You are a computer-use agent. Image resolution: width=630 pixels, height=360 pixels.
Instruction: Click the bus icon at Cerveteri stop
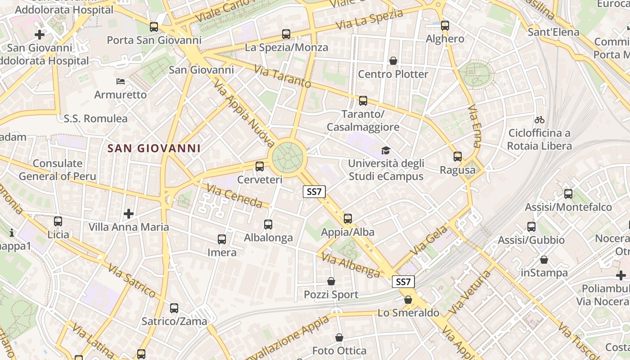(260, 166)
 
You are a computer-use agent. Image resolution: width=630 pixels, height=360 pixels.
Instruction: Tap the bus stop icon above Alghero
(445, 26)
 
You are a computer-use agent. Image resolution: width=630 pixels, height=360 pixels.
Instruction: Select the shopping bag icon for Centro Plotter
(393, 61)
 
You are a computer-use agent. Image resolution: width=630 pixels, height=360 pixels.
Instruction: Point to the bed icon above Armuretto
(121, 81)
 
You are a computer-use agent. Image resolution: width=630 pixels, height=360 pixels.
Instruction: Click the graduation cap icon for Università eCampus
(386, 150)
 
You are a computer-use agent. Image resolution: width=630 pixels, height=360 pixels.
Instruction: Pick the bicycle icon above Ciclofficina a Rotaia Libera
(540, 120)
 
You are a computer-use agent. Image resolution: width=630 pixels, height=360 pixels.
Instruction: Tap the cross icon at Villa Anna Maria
(129, 213)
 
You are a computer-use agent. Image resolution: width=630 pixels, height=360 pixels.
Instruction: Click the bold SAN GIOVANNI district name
(154, 148)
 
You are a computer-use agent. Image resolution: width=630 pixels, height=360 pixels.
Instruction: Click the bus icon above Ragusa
(458, 157)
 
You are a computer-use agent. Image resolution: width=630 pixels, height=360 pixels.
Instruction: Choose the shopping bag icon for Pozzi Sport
(331, 282)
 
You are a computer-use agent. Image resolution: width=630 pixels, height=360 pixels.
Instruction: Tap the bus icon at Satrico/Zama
(174, 308)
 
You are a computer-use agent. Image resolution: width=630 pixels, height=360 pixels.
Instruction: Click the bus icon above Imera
(222, 239)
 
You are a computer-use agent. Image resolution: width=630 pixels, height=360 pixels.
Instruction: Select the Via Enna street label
(474, 126)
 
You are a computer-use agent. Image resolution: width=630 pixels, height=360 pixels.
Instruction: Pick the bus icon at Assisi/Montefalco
(568, 194)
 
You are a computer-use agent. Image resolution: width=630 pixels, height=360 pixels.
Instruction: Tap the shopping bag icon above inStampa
(544, 260)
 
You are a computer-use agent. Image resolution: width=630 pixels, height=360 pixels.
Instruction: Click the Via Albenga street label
(351, 265)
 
